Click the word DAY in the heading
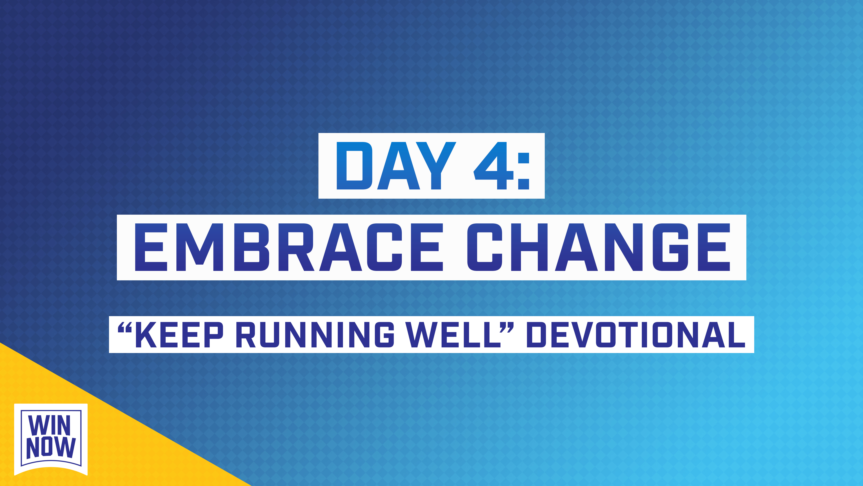[396, 166]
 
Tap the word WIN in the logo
[50, 425]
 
